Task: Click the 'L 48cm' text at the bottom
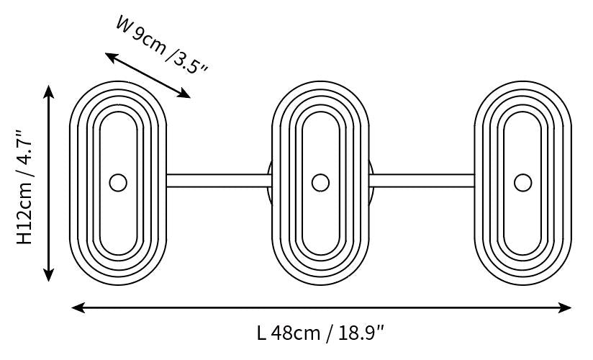pos(288,333)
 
